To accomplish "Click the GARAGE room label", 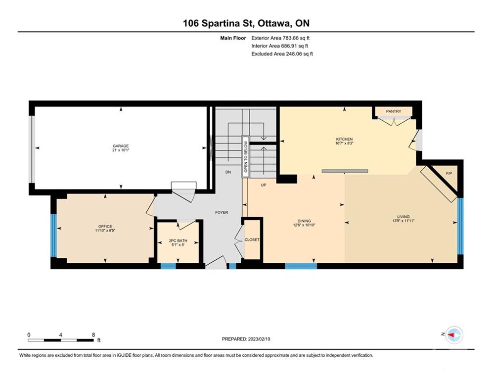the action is [121, 146].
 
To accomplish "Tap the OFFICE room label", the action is [105, 227].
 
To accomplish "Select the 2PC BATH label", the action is [178, 241].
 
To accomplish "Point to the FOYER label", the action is [222, 213].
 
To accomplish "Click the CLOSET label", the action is [252, 239].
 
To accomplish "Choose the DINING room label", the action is [304, 221].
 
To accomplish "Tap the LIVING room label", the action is [403, 217].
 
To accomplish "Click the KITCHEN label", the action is [345, 139].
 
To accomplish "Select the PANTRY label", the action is [394, 111].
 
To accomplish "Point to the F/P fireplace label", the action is [449, 173].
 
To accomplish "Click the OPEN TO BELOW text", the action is [246, 157].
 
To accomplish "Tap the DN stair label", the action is [228, 172].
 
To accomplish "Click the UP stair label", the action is [264, 185].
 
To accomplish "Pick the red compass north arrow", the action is [451, 335].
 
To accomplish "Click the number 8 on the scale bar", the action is [93, 335].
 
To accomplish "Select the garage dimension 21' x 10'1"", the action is [121, 150].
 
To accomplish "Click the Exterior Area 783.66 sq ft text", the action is [280, 38].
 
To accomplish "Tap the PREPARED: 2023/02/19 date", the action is [246, 339].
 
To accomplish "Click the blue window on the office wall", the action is [54, 235].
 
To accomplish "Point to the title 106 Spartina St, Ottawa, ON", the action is [246, 23].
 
